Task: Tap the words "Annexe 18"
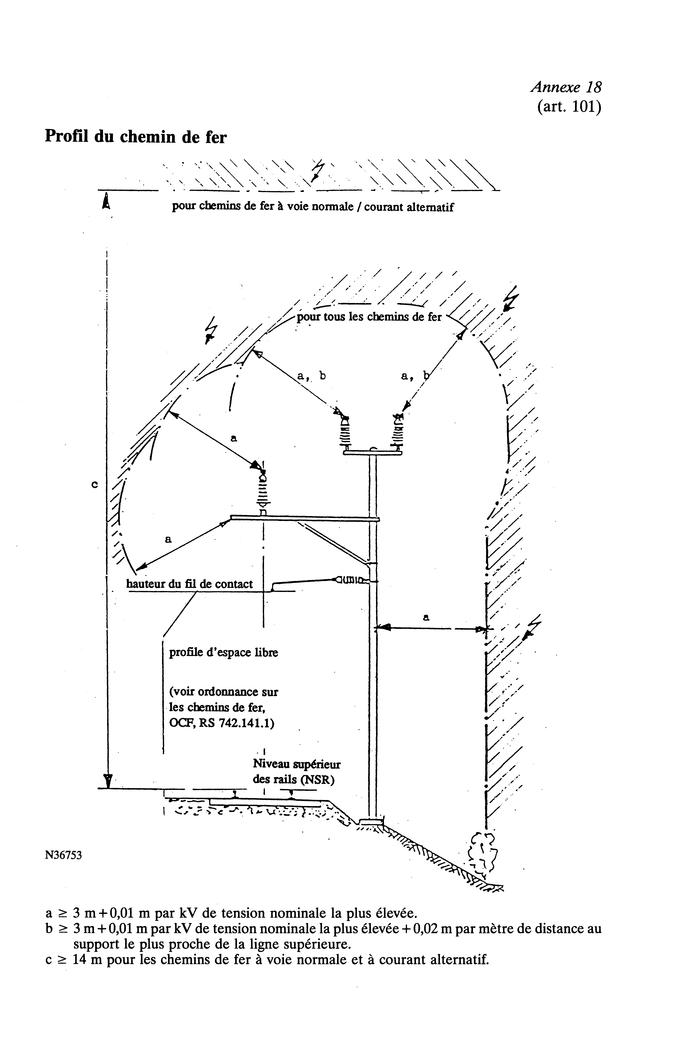[x=566, y=87]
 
